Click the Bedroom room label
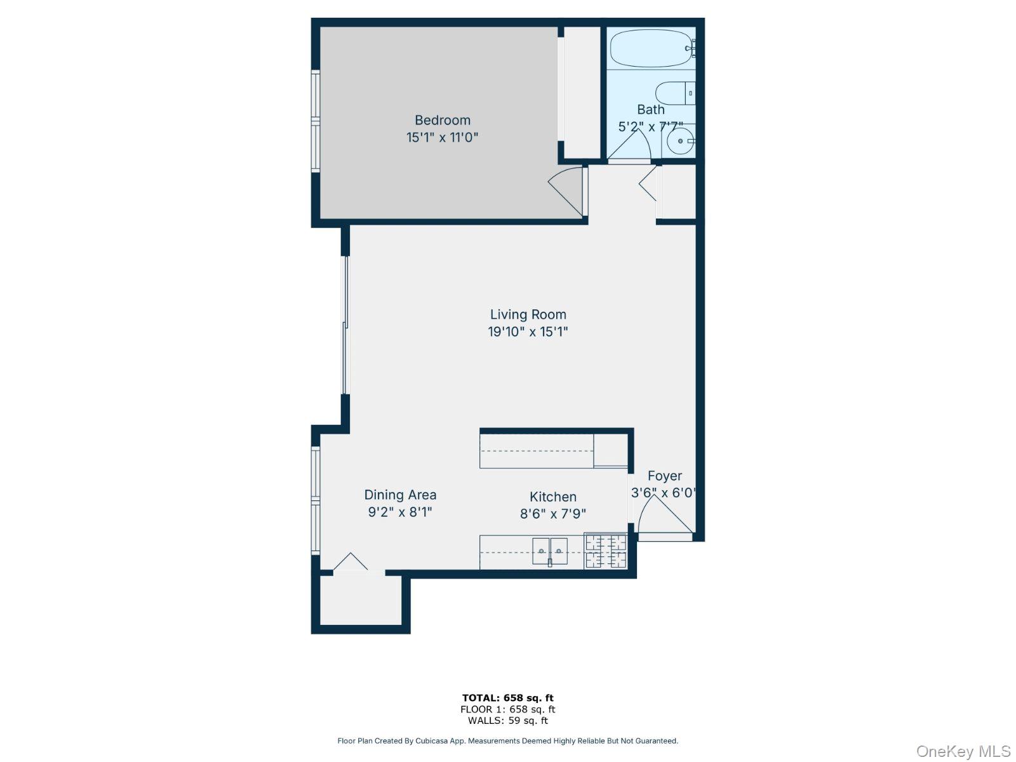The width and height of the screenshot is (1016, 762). click(x=443, y=120)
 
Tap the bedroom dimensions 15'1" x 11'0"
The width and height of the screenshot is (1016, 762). click(x=443, y=137)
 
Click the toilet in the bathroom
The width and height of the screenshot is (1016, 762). click(x=675, y=93)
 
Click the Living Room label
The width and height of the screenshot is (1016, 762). click(x=528, y=314)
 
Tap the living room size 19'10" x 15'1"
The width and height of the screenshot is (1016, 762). click(x=528, y=331)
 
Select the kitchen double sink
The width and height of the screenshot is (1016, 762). click(x=549, y=551)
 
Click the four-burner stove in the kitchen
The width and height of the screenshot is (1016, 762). click(x=605, y=551)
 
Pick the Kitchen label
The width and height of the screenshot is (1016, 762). click(x=553, y=497)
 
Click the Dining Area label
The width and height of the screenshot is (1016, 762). click(x=400, y=495)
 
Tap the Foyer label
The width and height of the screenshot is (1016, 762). click(x=665, y=476)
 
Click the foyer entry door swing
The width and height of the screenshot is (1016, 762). click(x=660, y=518)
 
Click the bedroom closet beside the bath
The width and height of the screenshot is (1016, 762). click(x=582, y=92)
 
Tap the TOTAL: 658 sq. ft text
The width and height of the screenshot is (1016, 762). click(x=507, y=698)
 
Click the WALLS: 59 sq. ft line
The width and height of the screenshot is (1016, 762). click(x=507, y=721)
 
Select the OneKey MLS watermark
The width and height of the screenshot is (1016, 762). click(x=963, y=752)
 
